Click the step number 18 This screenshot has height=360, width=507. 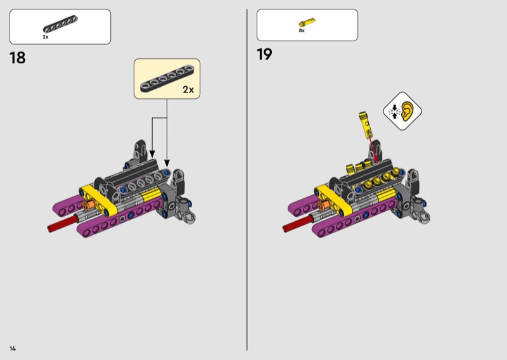click(18, 58)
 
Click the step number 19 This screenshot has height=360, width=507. click(264, 54)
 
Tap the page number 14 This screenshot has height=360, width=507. click(13, 349)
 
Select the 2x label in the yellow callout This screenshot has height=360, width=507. click(188, 89)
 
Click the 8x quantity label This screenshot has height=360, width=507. click(302, 30)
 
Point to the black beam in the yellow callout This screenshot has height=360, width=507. click(167, 79)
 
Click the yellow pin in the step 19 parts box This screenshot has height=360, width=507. click(307, 23)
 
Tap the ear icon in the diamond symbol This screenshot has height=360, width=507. click(408, 112)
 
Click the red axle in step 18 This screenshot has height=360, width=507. click(63, 223)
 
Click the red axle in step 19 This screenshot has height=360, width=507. click(298, 223)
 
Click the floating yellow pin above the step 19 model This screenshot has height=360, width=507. click(366, 124)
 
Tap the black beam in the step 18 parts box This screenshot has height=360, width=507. click(60, 24)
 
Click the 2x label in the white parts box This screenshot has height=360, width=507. click(46, 37)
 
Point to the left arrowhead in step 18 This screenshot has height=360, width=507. click(152, 154)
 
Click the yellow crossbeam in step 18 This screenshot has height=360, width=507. click(98, 200)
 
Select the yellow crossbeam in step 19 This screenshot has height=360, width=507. click(333, 200)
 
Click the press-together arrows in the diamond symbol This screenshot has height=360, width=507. click(394, 112)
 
